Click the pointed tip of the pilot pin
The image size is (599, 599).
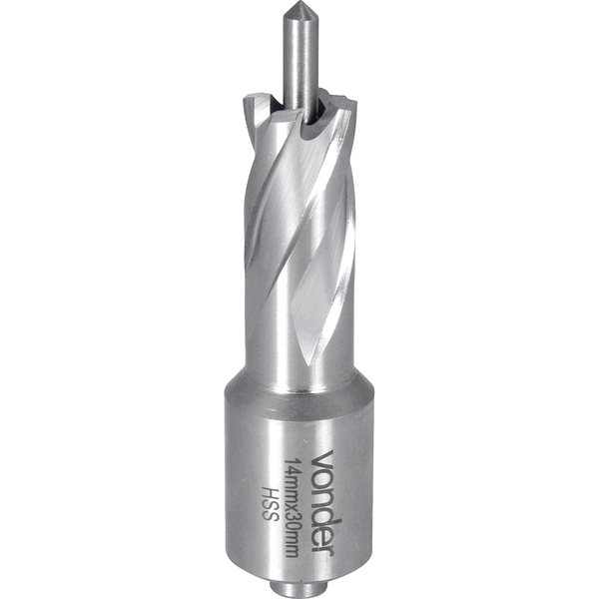point(298,2)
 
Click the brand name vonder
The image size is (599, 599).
point(323,501)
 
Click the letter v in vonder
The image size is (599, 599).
point(323,456)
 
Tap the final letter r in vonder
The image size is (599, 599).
point(323,547)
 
